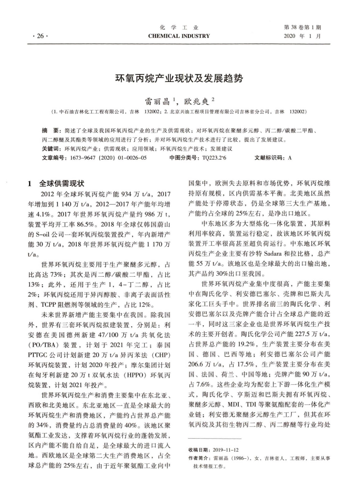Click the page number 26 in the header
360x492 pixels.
35,36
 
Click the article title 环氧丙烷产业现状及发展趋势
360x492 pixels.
179,79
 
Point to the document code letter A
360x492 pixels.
290,157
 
